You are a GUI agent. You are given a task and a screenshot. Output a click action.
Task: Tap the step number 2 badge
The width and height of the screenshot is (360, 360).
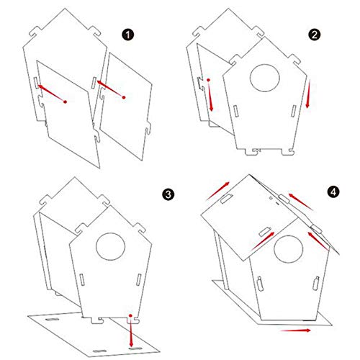(314, 35)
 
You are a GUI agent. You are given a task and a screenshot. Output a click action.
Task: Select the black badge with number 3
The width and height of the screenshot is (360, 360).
(168, 194)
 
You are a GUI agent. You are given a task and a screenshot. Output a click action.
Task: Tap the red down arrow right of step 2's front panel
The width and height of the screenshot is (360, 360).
(308, 96)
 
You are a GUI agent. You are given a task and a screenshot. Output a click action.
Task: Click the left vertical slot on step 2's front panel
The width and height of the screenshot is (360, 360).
(236, 110)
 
